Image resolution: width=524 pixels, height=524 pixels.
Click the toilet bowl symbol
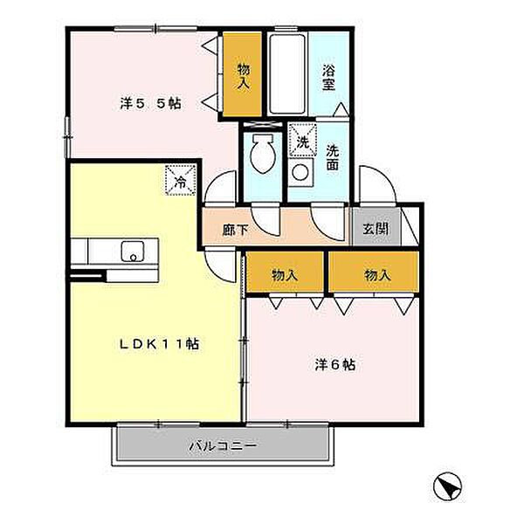click(x=264, y=153)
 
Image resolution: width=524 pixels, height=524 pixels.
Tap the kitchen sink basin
click(x=133, y=251)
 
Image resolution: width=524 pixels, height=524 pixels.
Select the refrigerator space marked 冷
click(x=181, y=180)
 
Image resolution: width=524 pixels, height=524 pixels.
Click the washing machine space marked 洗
click(x=302, y=140)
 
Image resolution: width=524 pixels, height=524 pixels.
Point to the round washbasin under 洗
click(x=300, y=172)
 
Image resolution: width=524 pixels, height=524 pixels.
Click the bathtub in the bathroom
click(x=287, y=74)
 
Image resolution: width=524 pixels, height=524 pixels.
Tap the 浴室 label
click(x=329, y=77)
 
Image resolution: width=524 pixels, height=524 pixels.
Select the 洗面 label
click(x=332, y=157)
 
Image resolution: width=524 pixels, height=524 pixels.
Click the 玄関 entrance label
click(x=376, y=229)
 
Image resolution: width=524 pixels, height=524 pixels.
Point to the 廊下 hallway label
click(x=236, y=230)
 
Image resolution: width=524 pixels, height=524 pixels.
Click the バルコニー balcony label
click(x=223, y=445)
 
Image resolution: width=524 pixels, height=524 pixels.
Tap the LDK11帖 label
click(x=160, y=344)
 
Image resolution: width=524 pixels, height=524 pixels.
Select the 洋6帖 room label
click(x=334, y=365)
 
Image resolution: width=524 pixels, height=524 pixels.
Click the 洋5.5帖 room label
click(x=151, y=104)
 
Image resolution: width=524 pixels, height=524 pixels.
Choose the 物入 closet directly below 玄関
click(x=374, y=272)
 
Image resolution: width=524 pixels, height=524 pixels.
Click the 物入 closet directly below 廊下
click(x=285, y=272)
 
